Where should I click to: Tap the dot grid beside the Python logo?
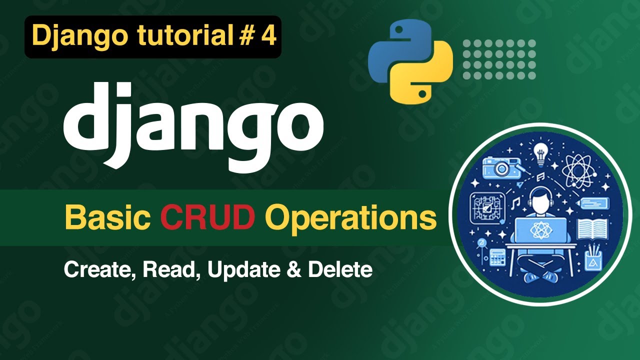click(x=499, y=59)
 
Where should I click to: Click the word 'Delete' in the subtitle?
click(x=340, y=270)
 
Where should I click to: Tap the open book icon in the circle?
click(x=592, y=228)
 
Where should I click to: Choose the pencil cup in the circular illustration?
click(x=593, y=258)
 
